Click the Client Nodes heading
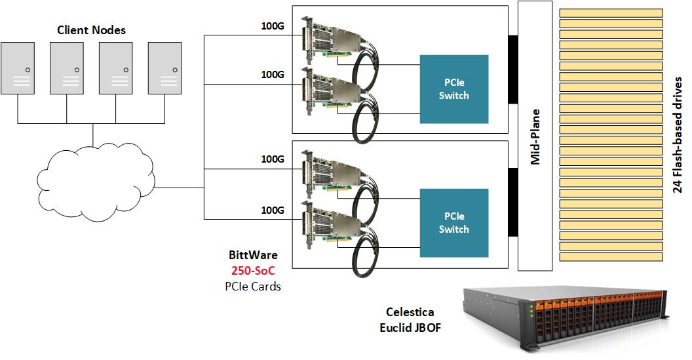[x=91, y=30]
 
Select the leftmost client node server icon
[x=18, y=68]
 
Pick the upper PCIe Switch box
[x=453, y=89]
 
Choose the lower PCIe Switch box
[x=453, y=222]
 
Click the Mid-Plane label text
[x=535, y=137]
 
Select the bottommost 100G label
[x=272, y=210]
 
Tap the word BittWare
[x=253, y=255]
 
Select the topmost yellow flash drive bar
[x=610, y=12]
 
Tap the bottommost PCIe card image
[x=331, y=226]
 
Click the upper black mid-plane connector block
[x=513, y=69]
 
